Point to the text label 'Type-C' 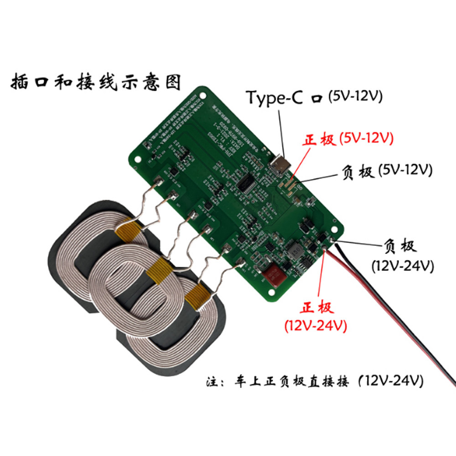[274, 97]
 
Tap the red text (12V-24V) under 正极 [316, 326]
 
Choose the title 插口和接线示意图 [95, 83]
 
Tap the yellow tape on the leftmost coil [127, 230]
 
